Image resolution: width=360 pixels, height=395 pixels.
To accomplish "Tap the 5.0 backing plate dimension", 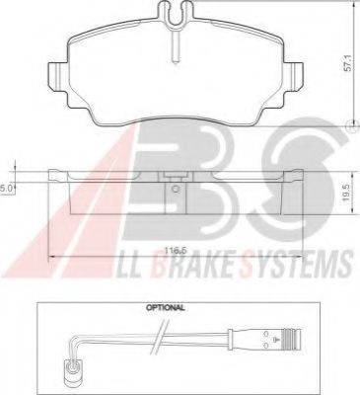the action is (7, 188).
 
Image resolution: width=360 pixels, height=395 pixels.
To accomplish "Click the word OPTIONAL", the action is (166, 308).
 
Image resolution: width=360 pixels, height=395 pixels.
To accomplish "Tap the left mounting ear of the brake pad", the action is (58, 76).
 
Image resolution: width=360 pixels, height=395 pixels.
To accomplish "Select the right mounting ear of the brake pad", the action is (293, 76).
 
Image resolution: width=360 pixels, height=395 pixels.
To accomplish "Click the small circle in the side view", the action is (176, 189).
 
